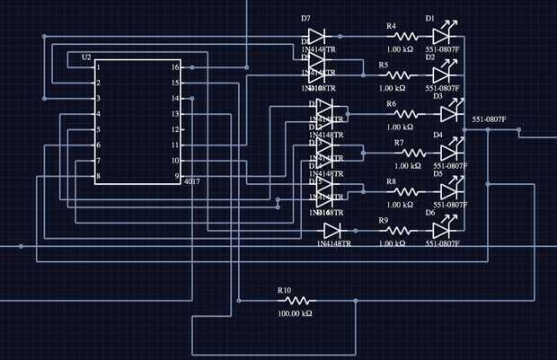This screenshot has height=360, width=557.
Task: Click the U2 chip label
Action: click(x=86, y=57)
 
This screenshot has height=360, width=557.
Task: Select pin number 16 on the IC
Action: click(x=176, y=67)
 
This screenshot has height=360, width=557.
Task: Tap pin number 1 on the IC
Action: click(x=98, y=67)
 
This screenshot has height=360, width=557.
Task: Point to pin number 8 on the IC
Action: click(x=98, y=176)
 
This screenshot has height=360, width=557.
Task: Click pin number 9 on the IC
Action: click(x=177, y=176)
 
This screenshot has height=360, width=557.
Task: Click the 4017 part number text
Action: click(x=191, y=182)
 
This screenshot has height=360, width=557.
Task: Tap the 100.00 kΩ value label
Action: click(x=295, y=314)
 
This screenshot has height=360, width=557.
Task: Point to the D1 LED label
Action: click(x=429, y=18)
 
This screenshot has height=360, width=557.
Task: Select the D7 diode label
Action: click(x=305, y=18)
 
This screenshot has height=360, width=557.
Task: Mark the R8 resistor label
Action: click(x=391, y=181)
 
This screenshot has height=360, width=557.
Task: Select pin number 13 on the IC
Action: click(x=176, y=114)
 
